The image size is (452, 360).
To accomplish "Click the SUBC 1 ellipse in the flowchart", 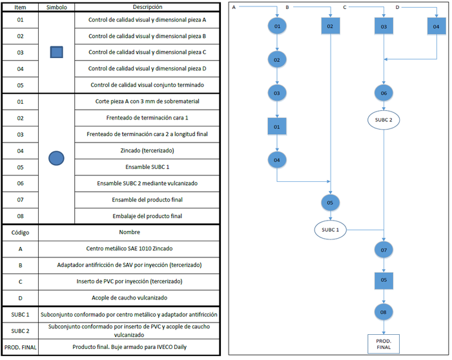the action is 330,230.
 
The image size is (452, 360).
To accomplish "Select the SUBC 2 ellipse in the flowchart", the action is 384,120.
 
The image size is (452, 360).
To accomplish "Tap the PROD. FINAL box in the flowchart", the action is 384,344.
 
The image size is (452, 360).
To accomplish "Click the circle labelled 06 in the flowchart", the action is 384,93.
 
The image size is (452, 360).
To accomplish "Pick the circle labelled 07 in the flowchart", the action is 384,250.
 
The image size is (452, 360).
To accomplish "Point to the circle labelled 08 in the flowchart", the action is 384,312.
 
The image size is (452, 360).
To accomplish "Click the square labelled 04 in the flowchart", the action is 437,26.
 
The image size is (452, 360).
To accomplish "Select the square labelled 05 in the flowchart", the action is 384,281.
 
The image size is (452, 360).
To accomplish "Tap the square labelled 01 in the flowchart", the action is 277,126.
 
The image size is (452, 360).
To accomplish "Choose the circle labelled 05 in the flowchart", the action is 331,203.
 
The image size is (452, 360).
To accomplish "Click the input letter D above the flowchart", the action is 398,7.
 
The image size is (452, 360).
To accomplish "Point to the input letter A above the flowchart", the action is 234,7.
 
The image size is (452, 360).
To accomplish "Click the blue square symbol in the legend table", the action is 57,52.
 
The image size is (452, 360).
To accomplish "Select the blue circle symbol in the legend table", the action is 57,158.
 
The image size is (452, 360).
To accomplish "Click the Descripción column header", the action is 147,7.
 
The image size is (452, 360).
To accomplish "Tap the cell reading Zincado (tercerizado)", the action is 147,150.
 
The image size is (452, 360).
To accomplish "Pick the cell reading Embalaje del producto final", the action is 147,216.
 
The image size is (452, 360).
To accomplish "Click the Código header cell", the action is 20,233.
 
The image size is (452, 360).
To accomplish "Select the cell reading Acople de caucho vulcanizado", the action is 129,298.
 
